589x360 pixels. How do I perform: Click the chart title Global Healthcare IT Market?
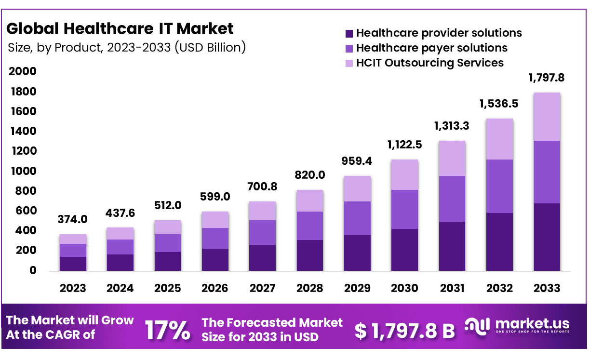point(120,28)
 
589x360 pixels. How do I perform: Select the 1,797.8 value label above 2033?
point(547,78)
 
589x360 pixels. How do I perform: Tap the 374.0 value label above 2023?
point(73,219)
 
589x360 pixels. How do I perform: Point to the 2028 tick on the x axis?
point(309,288)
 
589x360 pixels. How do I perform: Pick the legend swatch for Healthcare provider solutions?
point(349,34)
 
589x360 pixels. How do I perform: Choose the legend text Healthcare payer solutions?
point(431,48)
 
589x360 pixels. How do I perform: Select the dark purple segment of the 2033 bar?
point(547,237)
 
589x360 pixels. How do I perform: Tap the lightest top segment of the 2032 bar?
point(499,139)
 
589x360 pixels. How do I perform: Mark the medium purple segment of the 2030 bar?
point(404,209)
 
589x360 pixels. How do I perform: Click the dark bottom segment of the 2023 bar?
point(73,264)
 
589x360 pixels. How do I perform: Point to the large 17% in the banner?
point(167,330)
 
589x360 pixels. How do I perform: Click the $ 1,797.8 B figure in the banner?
point(405,331)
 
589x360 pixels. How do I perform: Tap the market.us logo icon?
point(478,326)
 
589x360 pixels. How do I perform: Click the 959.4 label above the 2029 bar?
point(357,160)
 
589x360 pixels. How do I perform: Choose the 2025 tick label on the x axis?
point(167,288)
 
